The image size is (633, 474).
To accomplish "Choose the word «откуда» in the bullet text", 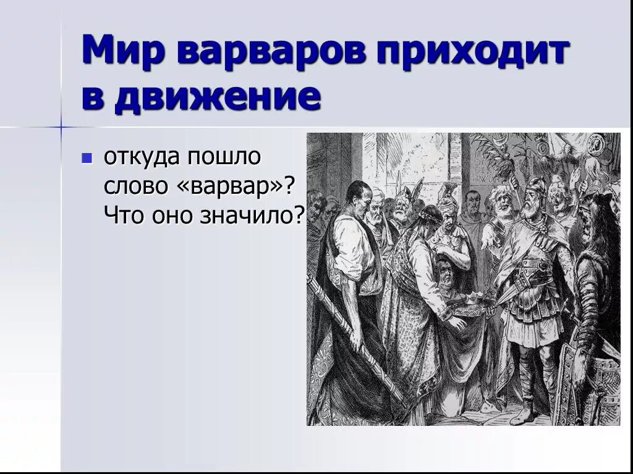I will [x=139, y=157].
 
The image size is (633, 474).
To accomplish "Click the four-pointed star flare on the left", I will [x=61, y=127].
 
